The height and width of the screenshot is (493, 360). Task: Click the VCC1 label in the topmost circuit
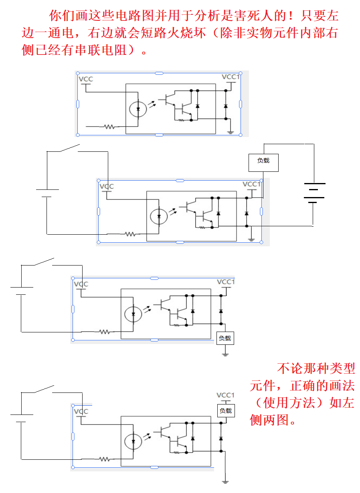coord(231,77)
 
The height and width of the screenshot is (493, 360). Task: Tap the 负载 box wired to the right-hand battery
coord(263,161)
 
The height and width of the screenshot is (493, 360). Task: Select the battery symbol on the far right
coord(313,193)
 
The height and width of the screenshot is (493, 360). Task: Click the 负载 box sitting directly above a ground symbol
coord(225,338)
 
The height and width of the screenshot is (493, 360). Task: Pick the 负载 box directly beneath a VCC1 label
coord(226,411)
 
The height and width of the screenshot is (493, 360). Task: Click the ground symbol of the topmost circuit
coord(231,132)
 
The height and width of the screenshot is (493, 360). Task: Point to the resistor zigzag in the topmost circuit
coord(109,127)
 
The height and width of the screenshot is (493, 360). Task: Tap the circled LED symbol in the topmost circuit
coord(138,109)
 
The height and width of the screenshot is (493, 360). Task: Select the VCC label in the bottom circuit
coord(81,412)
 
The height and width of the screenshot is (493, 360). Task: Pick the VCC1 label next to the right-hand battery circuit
coord(252,184)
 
